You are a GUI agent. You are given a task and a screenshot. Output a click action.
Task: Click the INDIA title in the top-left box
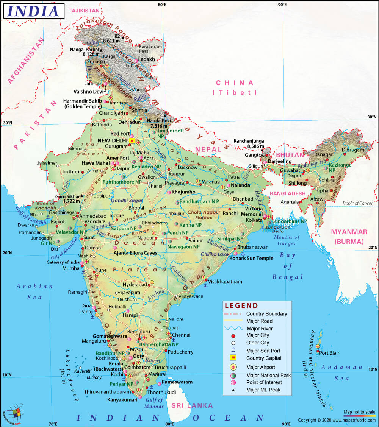(33, 11)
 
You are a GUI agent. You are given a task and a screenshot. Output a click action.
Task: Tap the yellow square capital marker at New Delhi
(132, 140)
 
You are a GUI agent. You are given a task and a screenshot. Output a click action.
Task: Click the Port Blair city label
(329, 353)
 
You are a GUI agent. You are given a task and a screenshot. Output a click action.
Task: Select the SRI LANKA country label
(192, 405)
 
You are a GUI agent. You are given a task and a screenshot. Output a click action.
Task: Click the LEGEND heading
(241, 305)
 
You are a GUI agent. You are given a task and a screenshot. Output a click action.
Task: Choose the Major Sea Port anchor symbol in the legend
(233, 351)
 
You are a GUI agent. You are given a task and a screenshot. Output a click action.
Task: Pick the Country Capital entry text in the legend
(264, 358)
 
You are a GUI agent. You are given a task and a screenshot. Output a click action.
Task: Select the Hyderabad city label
(134, 284)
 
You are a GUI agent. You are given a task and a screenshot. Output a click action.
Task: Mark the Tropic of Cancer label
(357, 203)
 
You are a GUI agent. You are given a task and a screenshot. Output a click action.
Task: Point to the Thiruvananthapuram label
(107, 392)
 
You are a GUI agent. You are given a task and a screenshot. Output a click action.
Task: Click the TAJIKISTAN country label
(84, 11)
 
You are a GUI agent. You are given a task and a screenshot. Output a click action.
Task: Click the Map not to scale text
(359, 412)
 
